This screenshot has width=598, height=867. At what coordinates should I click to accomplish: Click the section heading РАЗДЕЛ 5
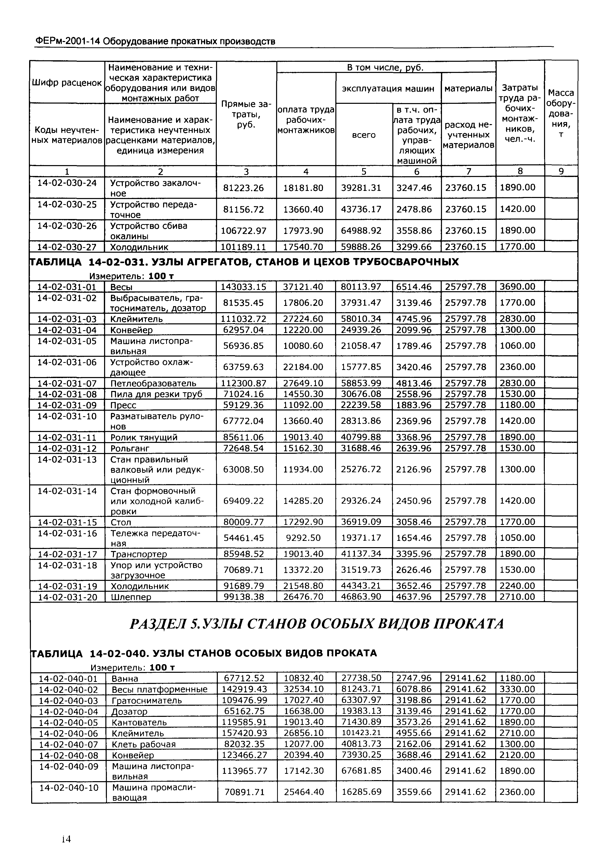pyautogui.click(x=316, y=624)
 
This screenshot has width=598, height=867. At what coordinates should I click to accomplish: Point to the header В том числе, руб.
pyautogui.click(x=385, y=67)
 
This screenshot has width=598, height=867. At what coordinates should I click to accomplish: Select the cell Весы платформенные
pyautogui.click(x=159, y=689)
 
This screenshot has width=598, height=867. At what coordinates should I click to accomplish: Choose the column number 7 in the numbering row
pyautogui.click(x=468, y=171)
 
